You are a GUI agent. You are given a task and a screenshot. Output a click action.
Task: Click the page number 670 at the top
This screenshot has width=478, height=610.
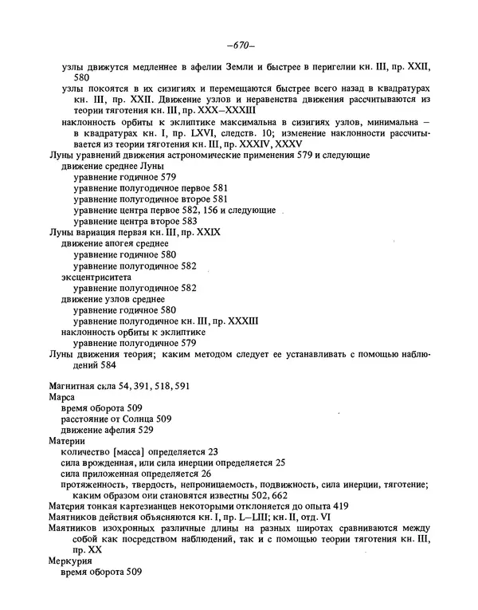click(240, 45)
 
